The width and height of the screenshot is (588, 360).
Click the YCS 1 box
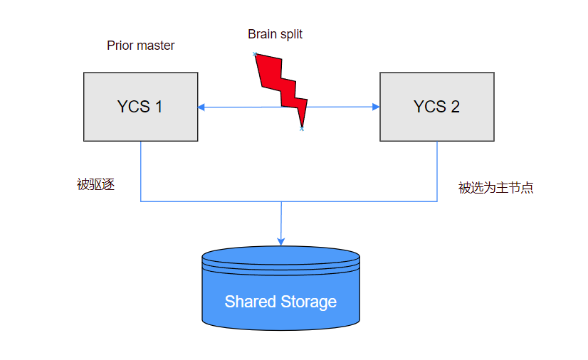[x=140, y=107]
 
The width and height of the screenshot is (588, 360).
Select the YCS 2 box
[x=436, y=107]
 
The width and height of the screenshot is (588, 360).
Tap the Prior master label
[x=141, y=46]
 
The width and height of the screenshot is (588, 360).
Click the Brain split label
[x=275, y=33]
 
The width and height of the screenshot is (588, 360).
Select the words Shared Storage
[x=280, y=302]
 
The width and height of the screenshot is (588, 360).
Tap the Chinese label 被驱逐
[x=95, y=185]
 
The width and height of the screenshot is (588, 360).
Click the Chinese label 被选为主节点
[x=495, y=188]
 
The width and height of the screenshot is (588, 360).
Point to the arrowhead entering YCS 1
[x=202, y=107]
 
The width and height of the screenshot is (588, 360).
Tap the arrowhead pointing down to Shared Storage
[x=281, y=241]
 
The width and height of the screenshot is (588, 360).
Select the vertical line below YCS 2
[x=436, y=171]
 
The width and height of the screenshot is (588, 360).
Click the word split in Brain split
[x=291, y=33]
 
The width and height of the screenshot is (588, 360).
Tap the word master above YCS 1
[x=156, y=46]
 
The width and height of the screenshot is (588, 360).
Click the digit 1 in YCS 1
[x=159, y=107]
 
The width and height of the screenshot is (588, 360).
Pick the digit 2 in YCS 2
[x=455, y=107]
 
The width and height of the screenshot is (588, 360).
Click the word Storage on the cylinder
[x=308, y=302]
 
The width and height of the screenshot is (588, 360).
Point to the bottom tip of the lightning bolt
[x=302, y=129]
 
